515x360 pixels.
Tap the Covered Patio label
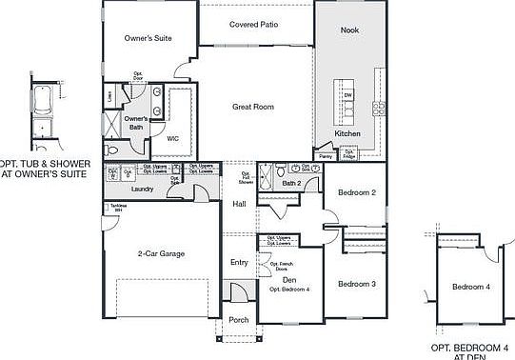coord(253,24)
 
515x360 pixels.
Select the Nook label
coord(349,30)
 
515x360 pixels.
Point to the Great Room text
coord(253,107)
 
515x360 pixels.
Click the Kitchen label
coord(347,134)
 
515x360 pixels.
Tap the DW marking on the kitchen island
coord(348,95)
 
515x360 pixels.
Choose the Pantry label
coord(326,155)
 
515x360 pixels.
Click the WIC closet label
coord(173,138)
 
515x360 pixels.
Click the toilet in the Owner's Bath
coord(111,150)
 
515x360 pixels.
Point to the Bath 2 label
coord(291,182)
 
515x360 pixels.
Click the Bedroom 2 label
coord(357,192)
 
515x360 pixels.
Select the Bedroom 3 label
coord(357,284)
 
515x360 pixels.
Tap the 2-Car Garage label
coord(161,253)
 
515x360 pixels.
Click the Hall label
coord(239,204)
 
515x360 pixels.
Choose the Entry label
coord(239,262)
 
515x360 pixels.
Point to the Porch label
coord(239,320)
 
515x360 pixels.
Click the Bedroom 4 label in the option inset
coord(471,287)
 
